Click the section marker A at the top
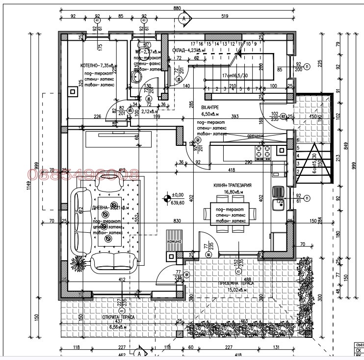click(x=183, y=19)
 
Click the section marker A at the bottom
click(x=139, y=353)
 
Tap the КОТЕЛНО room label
click(x=98, y=65)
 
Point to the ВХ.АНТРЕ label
click(x=210, y=107)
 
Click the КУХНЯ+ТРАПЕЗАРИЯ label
click(x=233, y=185)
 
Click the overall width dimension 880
click(x=177, y=8)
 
